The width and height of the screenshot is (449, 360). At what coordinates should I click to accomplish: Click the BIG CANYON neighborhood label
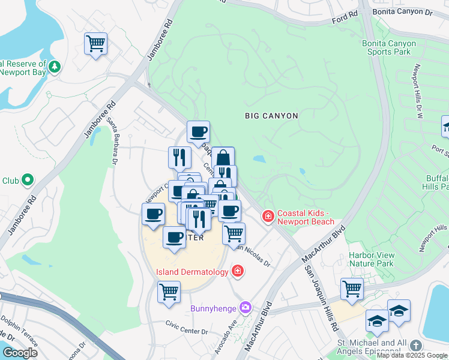tap(271, 115)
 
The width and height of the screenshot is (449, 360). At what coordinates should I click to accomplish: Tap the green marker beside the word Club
tap(27, 179)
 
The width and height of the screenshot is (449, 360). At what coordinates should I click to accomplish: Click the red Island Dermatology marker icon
tap(238, 272)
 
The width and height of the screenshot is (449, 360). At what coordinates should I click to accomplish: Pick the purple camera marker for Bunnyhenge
tap(245, 308)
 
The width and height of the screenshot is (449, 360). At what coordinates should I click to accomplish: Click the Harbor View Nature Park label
tap(372, 259)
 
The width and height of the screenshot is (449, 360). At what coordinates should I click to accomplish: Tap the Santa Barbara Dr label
tap(112, 140)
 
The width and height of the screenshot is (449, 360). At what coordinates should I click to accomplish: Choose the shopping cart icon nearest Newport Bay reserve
tap(95, 44)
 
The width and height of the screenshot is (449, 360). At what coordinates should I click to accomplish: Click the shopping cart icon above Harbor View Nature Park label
tap(352, 289)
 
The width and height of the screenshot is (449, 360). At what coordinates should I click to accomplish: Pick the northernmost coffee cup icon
tap(198, 132)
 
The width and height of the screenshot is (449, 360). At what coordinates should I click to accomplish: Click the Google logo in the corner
tap(20, 353)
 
